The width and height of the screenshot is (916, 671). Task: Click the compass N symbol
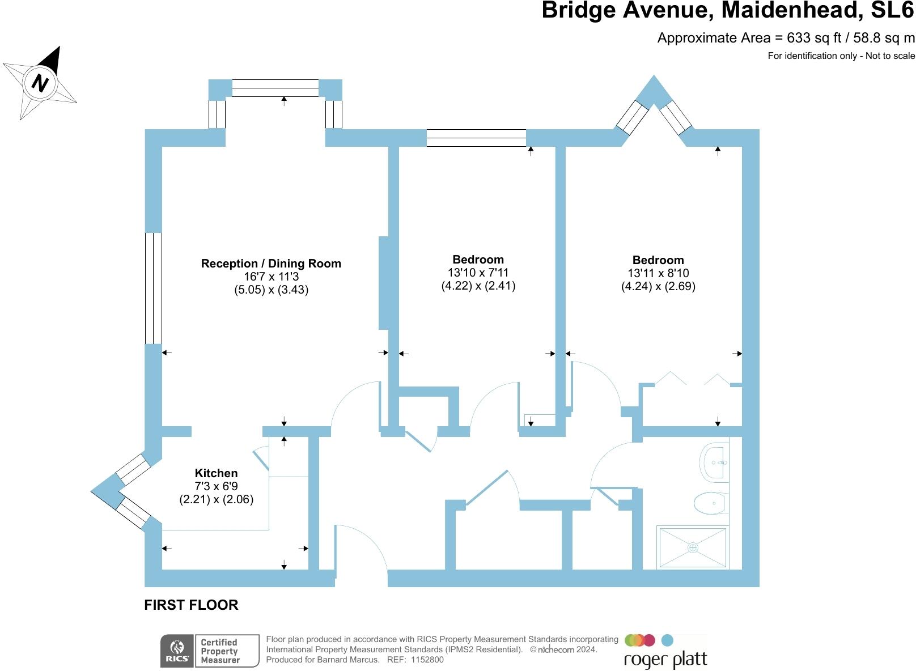click(x=40, y=83)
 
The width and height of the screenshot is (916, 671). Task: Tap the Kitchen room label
click(x=216, y=473)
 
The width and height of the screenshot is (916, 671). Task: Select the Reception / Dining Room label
click(x=271, y=264)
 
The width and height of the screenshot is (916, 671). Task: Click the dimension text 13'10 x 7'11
click(x=478, y=273)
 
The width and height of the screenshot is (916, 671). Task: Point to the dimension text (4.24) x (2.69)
click(x=658, y=286)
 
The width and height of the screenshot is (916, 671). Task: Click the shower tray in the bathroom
click(x=693, y=547)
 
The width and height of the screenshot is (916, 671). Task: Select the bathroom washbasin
click(x=715, y=462)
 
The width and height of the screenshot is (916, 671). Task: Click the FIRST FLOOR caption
click(x=191, y=605)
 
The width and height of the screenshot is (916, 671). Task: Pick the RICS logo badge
click(x=177, y=651)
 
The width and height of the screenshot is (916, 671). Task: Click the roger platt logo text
click(x=665, y=660)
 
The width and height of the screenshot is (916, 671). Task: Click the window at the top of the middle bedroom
click(x=476, y=138)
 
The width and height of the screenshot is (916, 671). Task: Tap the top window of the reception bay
click(x=275, y=88)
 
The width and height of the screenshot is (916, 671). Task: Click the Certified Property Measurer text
click(x=220, y=651)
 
